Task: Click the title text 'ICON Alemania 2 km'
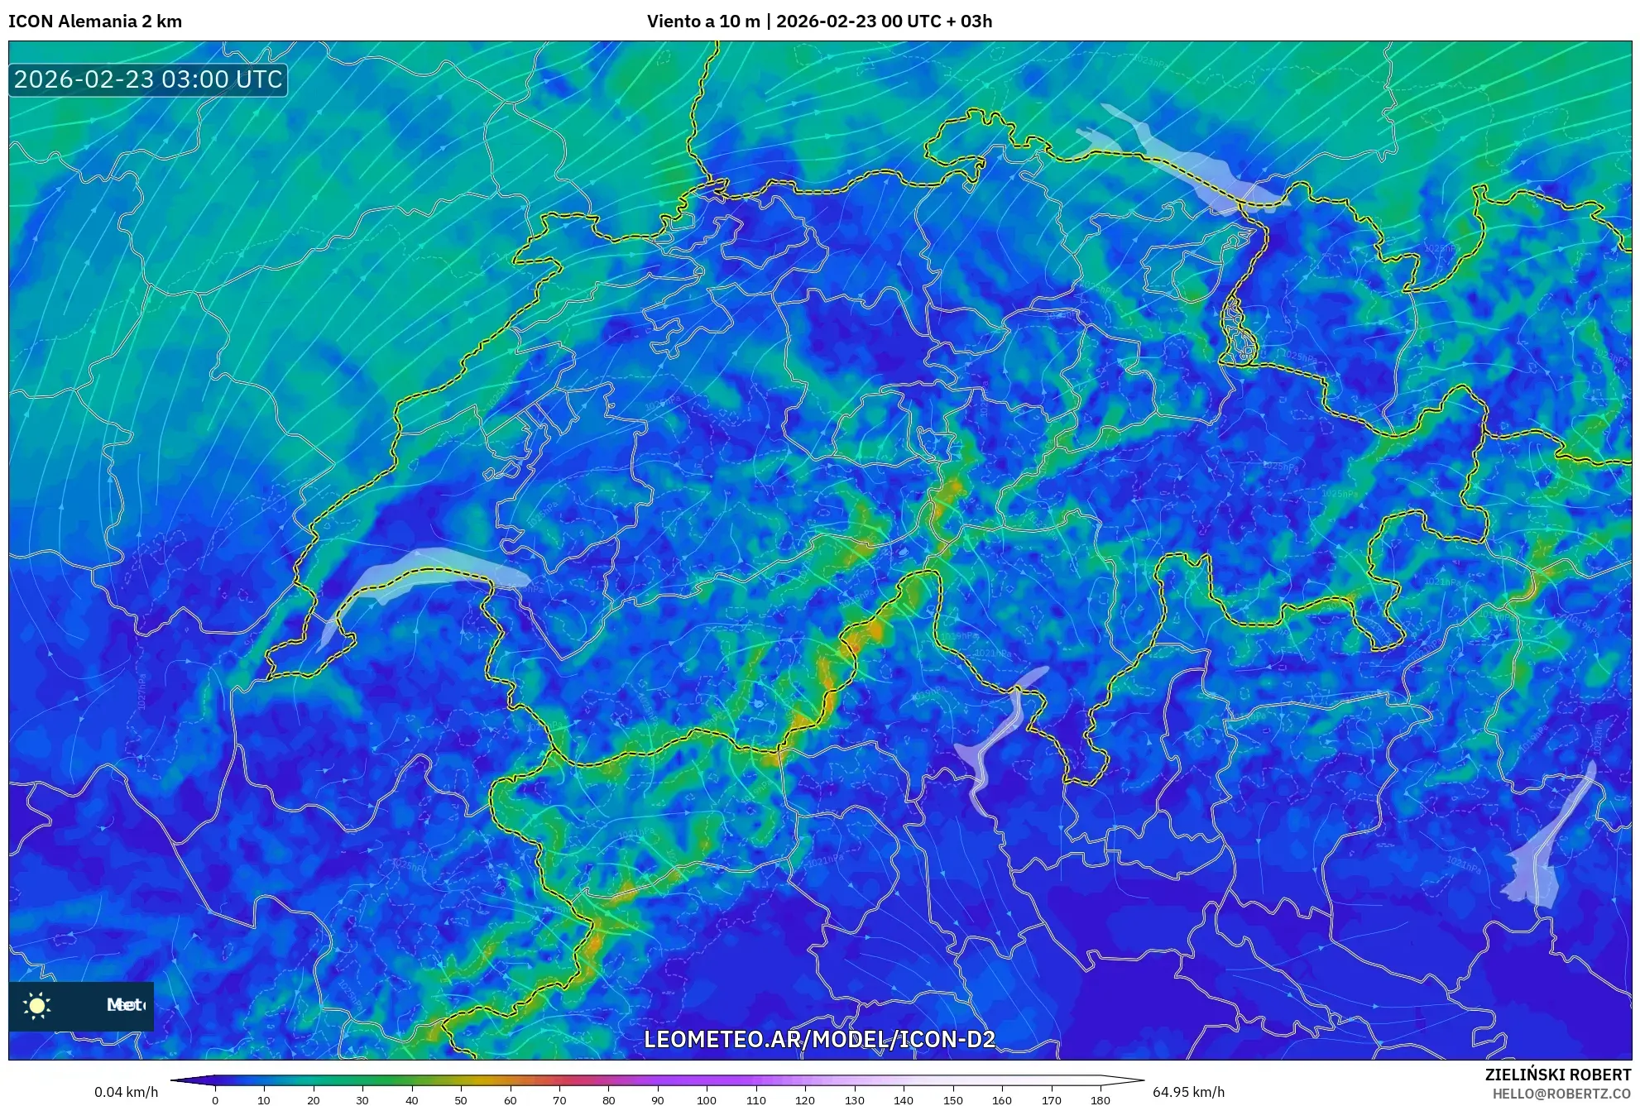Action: pyautogui.click(x=95, y=22)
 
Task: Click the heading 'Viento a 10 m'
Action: pyautogui.click(x=703, y=22)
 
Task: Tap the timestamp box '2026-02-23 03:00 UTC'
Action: pyautogui.click(x=148, y=79)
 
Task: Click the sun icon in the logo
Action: pyautogui.click(x=37, y=1005)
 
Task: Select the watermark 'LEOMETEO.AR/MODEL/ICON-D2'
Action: pyautogui.click(x=819, y=1039)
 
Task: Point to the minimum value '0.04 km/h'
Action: pyautogui.click(x=126, y=1092)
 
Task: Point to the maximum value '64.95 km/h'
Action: pyautogui.click(x=1188, y=1092)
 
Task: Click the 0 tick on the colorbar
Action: pyautogui.click(x=215, y=1099)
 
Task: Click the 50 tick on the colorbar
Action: pyautogui.click(x=461, y=1099)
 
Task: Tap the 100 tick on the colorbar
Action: pyautogui.click(x=707, y=1099)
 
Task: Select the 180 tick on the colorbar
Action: pyautogui.click(x=1100, y=1099)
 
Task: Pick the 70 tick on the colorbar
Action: pyautogui.click(x=559, y=1099)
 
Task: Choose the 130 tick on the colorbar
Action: pyautogui.click(x=854, y=1099)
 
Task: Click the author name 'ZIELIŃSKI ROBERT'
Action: pyautogui.click(x=1558, y=1075)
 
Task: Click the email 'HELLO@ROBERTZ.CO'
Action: pyautogui.click(x=1561, y=1094)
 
